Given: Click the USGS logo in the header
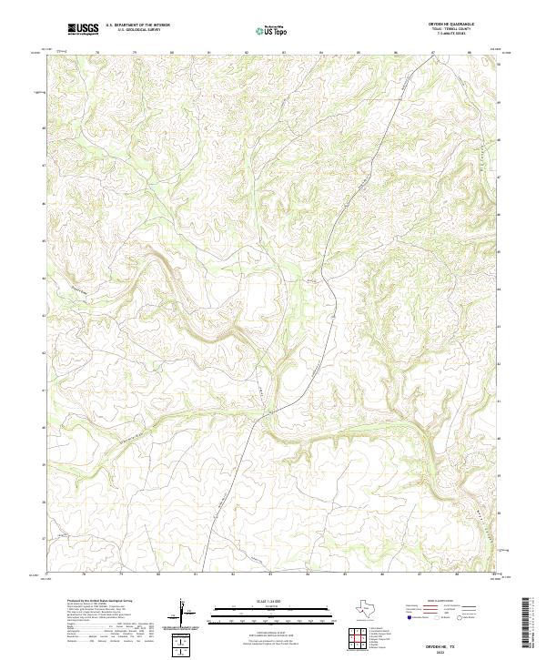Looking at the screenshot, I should pyautogui.click(x=83, y=30).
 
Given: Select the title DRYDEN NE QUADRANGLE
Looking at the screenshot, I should pyautogui.click(x=460, y=25).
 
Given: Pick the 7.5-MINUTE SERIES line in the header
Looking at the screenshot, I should pyautogui.click(x=460, y=37).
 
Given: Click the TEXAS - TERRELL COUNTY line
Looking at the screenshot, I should pyautogui.click(x=460, y=31).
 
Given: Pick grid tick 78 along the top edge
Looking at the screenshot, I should pyautogui.click(x=97, y=53).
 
